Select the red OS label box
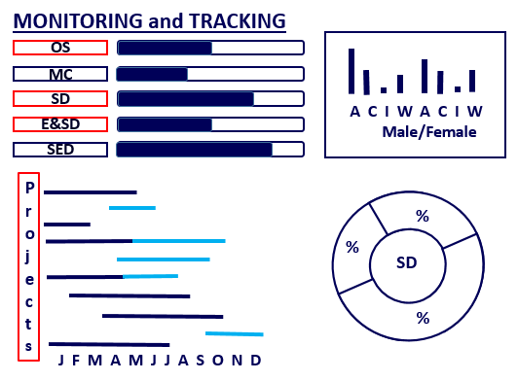[59, 47]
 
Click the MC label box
[59, 73]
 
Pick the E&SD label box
[59, 123]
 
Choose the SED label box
[59, 149]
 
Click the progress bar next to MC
[210, 74]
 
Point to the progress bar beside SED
[210, 150]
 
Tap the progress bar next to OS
[210, 48]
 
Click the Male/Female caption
[429, 132]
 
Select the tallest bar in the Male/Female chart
[351, 71]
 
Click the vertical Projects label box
[29, 265]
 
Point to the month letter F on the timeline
[78, 361]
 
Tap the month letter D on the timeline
[255, 361]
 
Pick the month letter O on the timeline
[217, 361]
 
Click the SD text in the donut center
[407, 263]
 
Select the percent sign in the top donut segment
[422, 217]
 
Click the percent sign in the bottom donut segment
[422, 317]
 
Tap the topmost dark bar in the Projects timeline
[90, 192]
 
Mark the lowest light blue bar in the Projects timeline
[235, 334]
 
